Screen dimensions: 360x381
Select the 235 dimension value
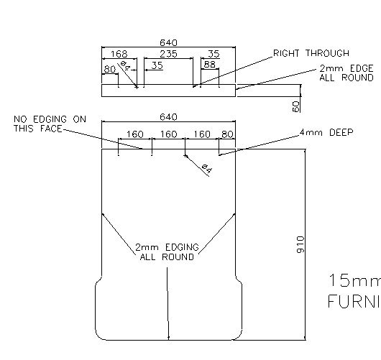click(x=168, y=53)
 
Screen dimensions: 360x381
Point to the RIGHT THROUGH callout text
click(x=311, y=53)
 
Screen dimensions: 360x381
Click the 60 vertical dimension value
click(x=295, y=105)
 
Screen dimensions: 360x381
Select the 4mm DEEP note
click(x=326, y=133)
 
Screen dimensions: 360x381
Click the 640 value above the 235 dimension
click(x=168, y=42)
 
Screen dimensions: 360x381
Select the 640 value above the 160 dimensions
click(x=168, y=116)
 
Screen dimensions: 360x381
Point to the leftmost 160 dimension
click(x=134, y=134)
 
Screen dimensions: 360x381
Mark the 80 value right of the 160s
click(x=227, y=134)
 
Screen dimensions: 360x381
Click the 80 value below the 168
click(x=109, y=69)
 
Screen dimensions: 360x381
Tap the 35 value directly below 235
click(x=157, y=65)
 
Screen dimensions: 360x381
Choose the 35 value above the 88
click(x=214, y=53)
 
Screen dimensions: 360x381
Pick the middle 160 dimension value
click(x=168, y=134)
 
